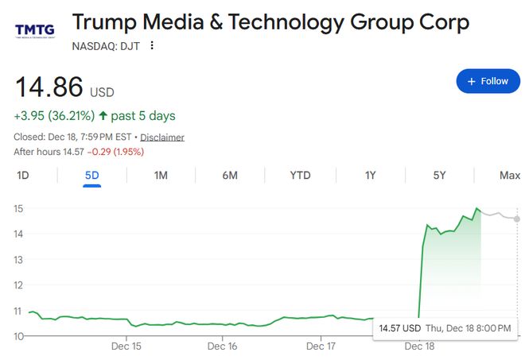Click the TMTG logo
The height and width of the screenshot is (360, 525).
tap(35, 31)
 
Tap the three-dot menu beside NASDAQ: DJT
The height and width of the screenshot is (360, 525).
tap(152, 45)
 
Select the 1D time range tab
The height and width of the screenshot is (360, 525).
tap(23, 175)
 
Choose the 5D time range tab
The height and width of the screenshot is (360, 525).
tap(91, 175)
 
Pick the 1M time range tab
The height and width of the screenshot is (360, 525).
tap(161, 175)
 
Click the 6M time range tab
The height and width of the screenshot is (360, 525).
tap(230, 175)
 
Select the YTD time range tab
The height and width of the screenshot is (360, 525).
tap(300, 175)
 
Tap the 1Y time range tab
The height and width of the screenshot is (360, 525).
tap(370, 175)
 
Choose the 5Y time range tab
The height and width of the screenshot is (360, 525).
tap(439, 175)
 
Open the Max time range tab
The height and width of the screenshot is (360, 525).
tap(509, 175)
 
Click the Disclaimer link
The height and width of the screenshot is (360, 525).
tap(163, 137)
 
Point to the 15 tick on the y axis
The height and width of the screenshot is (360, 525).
tap(19, 208)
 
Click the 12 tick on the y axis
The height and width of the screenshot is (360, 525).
tap(19, 285)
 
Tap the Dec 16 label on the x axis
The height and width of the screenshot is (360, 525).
tap(223, 346)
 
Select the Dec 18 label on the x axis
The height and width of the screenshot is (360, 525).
tap(418, 346)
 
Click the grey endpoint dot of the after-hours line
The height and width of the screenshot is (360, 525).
tap(517, 219)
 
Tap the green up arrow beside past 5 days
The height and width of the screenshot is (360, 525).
tap(103, 116)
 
